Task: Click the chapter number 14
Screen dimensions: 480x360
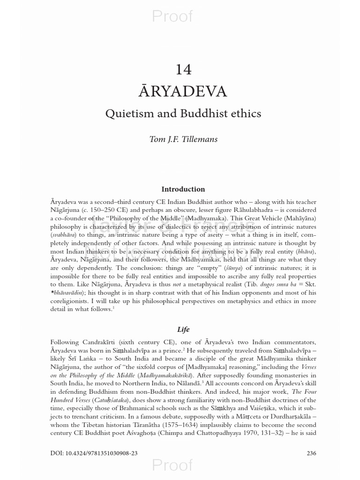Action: click(183, 69)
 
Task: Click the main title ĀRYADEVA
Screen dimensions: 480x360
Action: click(183, 91)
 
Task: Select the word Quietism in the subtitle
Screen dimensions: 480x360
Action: click(129, 113)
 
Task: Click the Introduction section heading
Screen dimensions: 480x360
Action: click(183, 189)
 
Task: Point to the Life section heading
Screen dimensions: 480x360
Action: click(183, 330)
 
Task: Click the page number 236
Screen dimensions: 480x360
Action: click(311, 453)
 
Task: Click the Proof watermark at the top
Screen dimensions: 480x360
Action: click(172, 16)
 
